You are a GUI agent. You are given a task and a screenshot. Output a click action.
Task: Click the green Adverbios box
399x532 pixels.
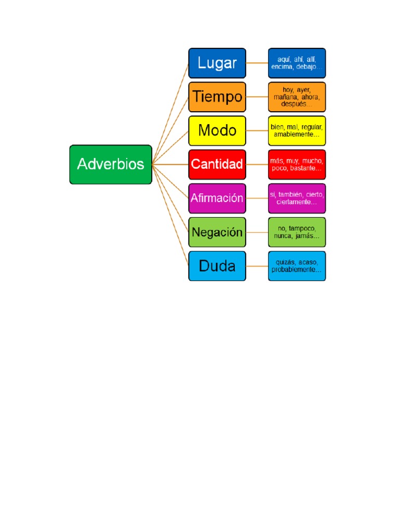pyautogui.click(x=111, y=164)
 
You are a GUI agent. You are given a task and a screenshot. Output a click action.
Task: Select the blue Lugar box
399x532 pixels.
pyautogui.click(x=217, y=63)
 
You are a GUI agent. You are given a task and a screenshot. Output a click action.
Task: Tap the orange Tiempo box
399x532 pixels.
pyautogui.click(x=217, y=97)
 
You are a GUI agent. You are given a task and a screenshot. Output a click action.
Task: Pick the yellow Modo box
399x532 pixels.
pyautogui.click(x=217, y=130)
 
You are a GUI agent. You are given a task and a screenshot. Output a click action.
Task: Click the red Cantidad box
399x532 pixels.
pyautogui.click(x=217, y=164)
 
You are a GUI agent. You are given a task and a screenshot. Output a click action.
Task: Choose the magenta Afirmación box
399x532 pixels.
pyautogui.click(x=217, y=198)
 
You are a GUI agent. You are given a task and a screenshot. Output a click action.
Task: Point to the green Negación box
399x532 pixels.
pyautogui.click(x=217, y=232)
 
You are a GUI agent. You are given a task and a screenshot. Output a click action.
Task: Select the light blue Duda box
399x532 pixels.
pyautogui.click(x=217, y=266)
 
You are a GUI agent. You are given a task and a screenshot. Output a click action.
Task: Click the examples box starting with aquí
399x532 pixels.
pyautogui.click(x=297, y=63)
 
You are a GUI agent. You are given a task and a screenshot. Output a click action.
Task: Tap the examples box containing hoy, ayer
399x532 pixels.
pyautogui.click(x=297, y=97)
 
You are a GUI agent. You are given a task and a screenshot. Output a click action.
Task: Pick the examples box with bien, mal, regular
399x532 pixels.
pyautogui.click(x=297, y=130)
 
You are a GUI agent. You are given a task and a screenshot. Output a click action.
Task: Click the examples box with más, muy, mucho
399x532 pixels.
pyautogui.click(x=297, y=164)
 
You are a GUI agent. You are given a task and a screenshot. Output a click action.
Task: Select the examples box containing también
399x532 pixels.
pyautogui.click(x=297, y=198)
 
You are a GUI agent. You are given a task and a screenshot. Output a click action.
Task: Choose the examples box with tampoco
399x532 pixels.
pyautogui.click(x=297, y=232)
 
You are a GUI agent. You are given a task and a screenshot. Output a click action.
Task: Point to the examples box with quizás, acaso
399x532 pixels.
pyautogui.click(x=297, y=266)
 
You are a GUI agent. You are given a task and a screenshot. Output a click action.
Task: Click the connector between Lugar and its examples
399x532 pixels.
pyautogui.click(x=257, y=63)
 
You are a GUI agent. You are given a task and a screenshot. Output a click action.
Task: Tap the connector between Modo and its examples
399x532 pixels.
pyautogui.click(x=257, y=130)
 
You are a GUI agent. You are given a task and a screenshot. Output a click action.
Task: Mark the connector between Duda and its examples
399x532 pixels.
pyautogui.click(x=257, y=266)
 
